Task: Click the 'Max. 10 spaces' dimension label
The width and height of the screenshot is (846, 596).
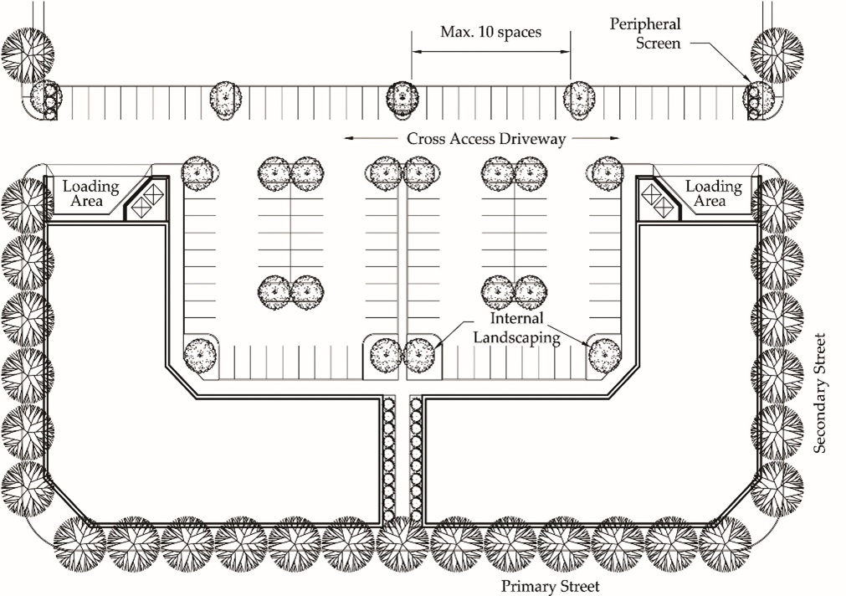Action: click(x=490, y=33)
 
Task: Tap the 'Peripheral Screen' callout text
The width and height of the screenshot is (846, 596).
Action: click(x=645, y=33)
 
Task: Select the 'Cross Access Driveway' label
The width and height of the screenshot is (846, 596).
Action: click(x=486, y=139)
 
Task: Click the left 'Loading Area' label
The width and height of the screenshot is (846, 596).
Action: click(x=90, y=193)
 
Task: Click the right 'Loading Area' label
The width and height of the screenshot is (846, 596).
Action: click(x=713, y=193)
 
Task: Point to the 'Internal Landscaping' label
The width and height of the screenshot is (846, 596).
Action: click(x=517, y=328)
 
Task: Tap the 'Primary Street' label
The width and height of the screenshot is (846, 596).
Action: click(x=551, y=586)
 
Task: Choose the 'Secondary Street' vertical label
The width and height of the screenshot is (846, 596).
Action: click(x=819, y=393)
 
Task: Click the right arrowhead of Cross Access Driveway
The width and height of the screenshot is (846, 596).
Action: click(x=615, y=139)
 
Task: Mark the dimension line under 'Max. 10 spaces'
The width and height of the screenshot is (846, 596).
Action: click(x=491, y=52)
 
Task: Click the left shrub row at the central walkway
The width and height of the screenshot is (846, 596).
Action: click(x=388, y=460)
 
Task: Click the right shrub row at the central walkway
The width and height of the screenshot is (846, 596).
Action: click(x=415, y=460)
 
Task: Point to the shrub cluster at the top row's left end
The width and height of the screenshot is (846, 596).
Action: click(x=50, y=101)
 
